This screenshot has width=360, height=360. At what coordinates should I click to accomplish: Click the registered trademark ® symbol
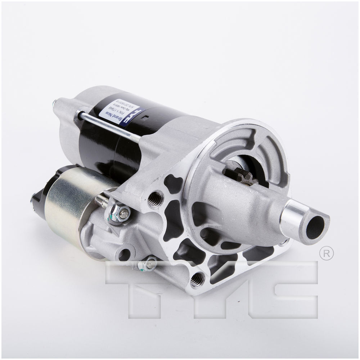point(326,253)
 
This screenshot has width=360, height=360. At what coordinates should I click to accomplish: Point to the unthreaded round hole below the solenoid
point(125,254)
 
